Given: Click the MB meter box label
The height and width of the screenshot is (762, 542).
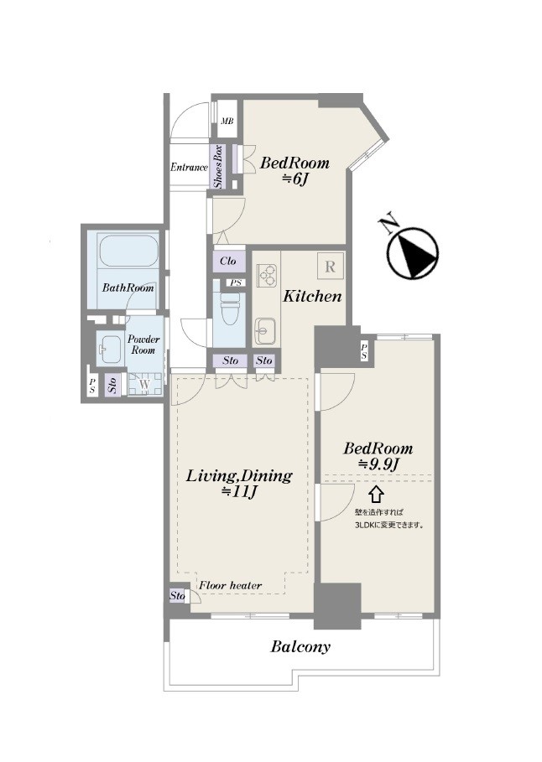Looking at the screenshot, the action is click(x=227, y=121).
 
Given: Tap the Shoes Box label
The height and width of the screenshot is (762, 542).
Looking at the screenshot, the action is click(x=218, y=167).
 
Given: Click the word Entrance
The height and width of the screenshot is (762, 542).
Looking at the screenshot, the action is click(x=189, y=167).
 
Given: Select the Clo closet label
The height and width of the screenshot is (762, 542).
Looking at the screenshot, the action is click(x=227, y=261).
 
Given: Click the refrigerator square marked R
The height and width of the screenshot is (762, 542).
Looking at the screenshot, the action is click(x=331, y=267).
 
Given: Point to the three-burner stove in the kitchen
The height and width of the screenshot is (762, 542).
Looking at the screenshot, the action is click(x=267, y=276).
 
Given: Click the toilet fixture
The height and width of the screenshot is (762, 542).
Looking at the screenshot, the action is click(x=229, y=308).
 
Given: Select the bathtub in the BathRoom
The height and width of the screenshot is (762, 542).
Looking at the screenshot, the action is click(x=128, y=251).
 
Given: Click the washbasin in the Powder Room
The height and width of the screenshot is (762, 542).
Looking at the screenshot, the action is click(x=108, y=349).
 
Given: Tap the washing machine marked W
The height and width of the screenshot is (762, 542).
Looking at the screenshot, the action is click(x=144, y=384).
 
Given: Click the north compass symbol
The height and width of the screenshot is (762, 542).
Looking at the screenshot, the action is click(x=413, y=254).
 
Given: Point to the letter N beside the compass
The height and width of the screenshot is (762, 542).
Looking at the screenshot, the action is click(x=389, y=224).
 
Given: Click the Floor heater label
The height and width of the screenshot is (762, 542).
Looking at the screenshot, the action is click(x=230, y=585).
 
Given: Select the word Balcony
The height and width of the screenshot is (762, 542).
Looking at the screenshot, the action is click(x=300, y=647).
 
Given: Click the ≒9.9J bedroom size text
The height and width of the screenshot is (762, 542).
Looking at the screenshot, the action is click(x=378, y=464).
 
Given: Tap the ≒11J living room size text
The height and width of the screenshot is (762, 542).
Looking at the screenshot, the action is click(x=239, y=492).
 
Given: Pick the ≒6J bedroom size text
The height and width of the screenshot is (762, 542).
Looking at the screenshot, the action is click(x=294, y=179).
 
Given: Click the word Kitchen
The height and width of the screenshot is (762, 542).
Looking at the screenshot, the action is click(x=312, y=296).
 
